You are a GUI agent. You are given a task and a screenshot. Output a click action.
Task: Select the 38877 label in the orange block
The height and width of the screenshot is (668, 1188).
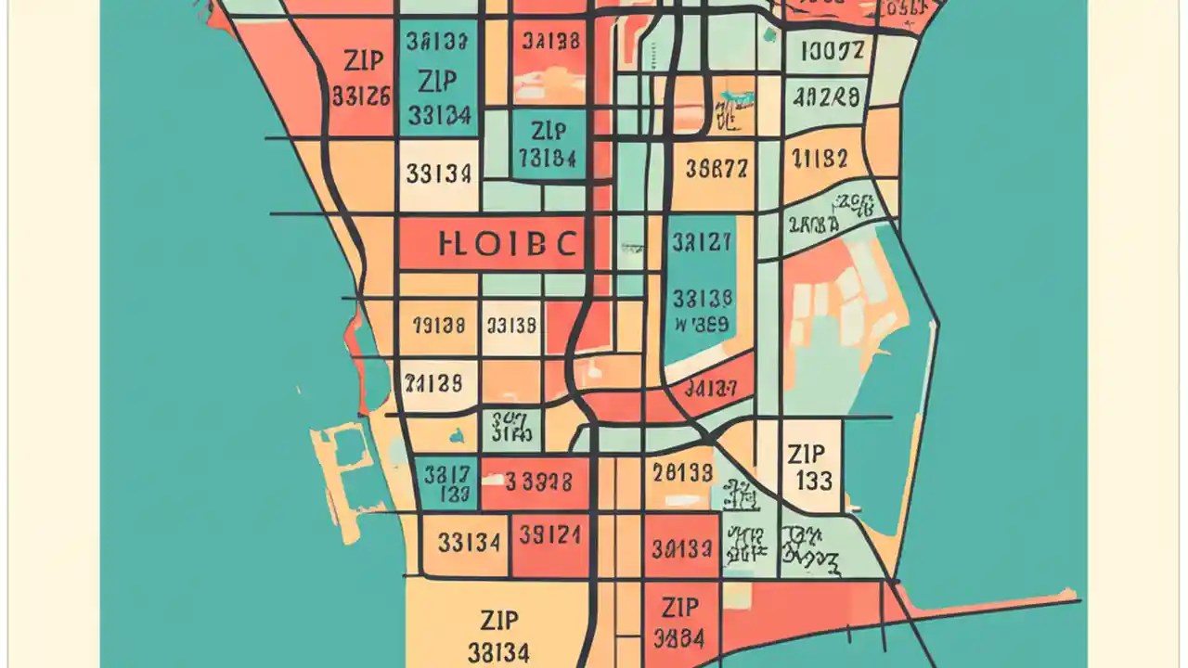715,168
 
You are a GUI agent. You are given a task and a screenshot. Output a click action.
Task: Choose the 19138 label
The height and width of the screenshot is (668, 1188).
437,326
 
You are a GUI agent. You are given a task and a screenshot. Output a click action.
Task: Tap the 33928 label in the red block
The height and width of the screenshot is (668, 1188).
537,482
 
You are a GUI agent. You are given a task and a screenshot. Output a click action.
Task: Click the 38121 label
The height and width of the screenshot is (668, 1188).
549,535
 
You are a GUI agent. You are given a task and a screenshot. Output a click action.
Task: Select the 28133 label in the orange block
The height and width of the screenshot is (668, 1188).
682,473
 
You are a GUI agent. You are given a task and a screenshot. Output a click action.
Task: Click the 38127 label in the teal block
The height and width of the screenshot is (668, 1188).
701,243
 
